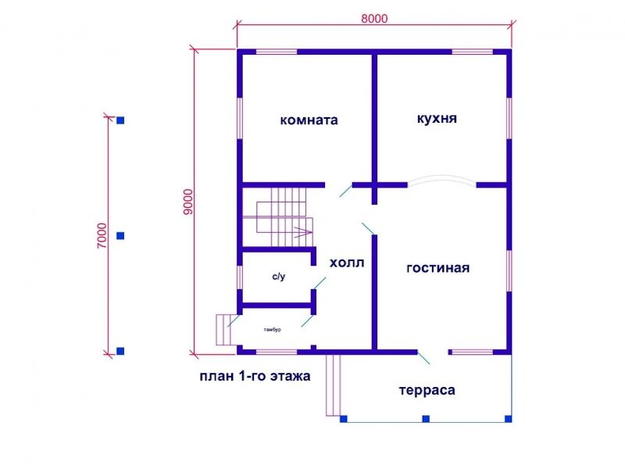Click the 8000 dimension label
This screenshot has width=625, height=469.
tap(374, 19)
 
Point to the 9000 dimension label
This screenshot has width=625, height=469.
tap(187, 202)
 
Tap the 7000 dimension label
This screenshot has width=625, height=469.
tap(102, 236)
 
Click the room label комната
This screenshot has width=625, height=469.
tap(309, 120)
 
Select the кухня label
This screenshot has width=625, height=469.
tap(437, 119)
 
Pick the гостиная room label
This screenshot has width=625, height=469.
tap(438, 268)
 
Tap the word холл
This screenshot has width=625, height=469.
tap(347, 263)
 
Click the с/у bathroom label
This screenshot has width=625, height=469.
tap(279, 277)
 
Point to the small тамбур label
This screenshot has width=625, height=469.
tap(272, 329)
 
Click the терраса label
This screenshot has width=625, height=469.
tap(427, 390)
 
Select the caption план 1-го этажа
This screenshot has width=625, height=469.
tap(255, 376)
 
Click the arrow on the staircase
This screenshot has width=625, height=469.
tap(303, 231)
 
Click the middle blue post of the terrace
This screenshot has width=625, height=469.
tap(426, 419)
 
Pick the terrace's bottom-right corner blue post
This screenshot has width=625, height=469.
tap(509, 419)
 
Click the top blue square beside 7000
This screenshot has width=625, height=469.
tap(120, 120)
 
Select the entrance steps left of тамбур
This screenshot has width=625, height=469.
tap(223, 330)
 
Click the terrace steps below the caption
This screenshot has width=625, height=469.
tap(334, 385)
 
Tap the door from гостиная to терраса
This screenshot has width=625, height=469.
tap(423, 358)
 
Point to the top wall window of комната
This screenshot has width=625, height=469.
tap(277, 52)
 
